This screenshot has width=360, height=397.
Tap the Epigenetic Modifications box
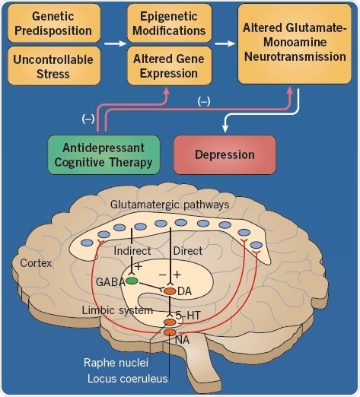168,24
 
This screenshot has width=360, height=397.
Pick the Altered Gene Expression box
168,65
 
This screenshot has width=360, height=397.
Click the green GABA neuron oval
132,281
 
